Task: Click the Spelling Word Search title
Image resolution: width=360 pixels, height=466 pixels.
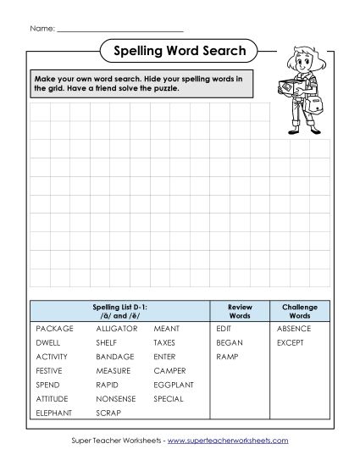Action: [x=180, y=51]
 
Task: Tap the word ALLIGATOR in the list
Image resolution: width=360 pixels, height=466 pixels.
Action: [x=117, y=327]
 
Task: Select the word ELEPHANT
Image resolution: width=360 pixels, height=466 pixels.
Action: [x=53, y=413]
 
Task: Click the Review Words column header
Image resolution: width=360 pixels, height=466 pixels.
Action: [x=240, y=309]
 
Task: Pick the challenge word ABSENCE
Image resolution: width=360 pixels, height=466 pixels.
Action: [x=293, y=327]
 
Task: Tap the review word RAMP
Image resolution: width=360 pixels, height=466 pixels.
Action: [x=226, y=356]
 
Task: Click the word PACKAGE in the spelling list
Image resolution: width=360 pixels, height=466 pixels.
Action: [x=54, y=327]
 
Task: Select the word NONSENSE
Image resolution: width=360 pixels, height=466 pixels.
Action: [x=115, y=399]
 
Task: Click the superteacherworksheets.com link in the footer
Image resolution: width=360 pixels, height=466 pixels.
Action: [x=228, y=441]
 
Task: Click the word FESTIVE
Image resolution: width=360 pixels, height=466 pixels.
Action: [x=50, y=370]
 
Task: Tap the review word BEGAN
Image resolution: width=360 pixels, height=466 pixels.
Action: [x=230, y=341]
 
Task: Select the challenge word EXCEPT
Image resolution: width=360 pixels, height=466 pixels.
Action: [x=290, y=341]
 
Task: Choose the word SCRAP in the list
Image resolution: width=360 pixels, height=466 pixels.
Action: [x=108, y=413]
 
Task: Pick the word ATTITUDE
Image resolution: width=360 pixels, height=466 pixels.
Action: [x=53, y=399]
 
